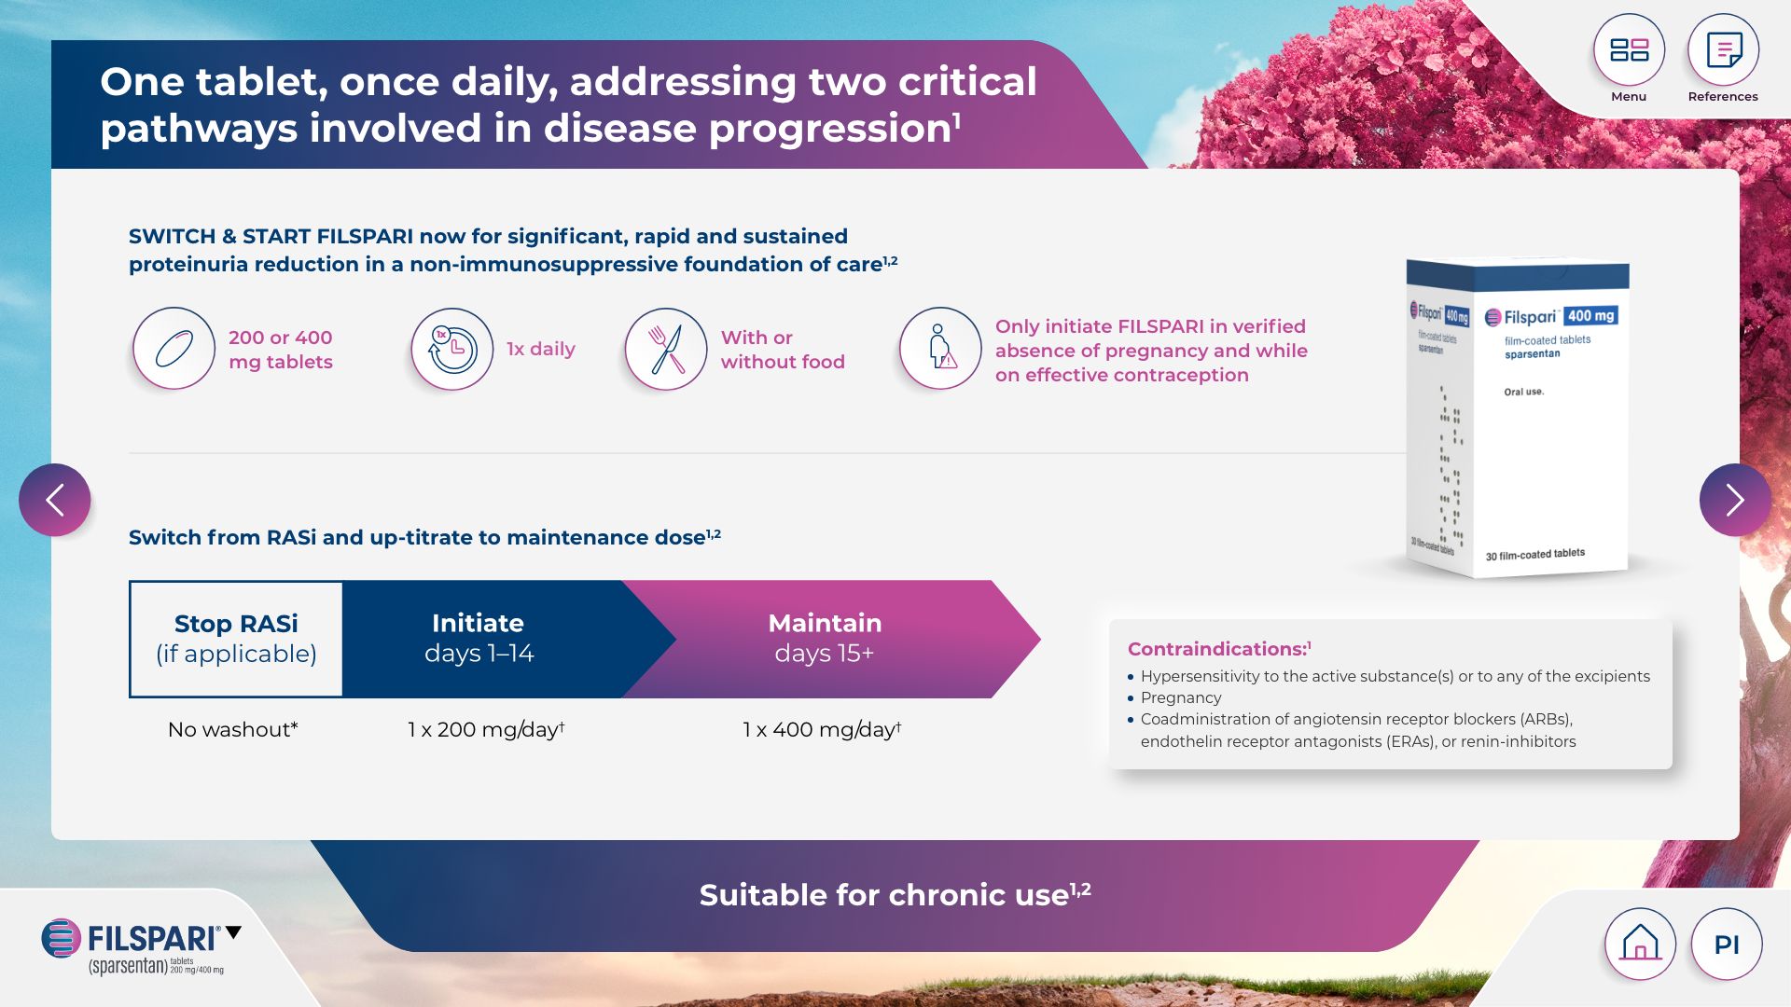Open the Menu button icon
click(x=1629, y=49)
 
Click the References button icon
click(x=1723, y=49)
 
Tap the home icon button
click(x=1640, y=944)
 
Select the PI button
click(x=1727, y=944)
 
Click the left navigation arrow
click(x=55, y=500)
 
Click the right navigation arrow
click(x=1735, y=500)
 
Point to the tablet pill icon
click(x=174, y=349)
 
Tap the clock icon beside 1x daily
click(x=452, y=349)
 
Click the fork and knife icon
click(x=666, y=349)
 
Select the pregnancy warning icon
click(x=940, y=349)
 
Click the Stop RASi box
click(x=236, y=639)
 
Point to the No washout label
click(x=233, y=729)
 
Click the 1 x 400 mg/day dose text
click(x=822, y=729)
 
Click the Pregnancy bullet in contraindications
click(x=1181, y=697)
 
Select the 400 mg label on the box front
click(x=1590, y=315)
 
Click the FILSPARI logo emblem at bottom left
click(x=62, y=938)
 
